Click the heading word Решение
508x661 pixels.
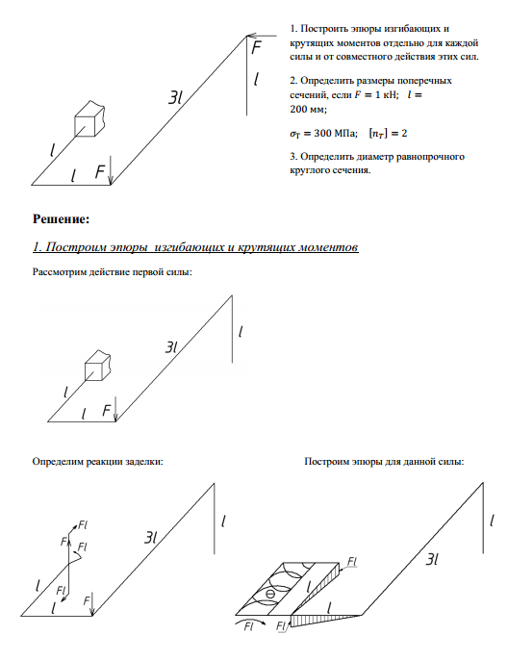[x=61, y=219]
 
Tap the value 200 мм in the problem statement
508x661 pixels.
[x=307, y=109]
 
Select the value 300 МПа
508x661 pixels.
[x=336, y=133]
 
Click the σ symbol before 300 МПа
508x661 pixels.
[x=294, y=134]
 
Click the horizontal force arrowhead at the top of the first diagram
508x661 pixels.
[x=251, y=36]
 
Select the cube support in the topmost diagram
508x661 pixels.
[x=89, y=119]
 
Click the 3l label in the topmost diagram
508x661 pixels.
[x=175, y=98]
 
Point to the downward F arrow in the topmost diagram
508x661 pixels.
[x=110, y=170]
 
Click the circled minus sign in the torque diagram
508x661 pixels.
[x=270, y=595]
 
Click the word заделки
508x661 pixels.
[x=146, y=462]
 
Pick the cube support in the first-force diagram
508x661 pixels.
[x=98, y=366]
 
